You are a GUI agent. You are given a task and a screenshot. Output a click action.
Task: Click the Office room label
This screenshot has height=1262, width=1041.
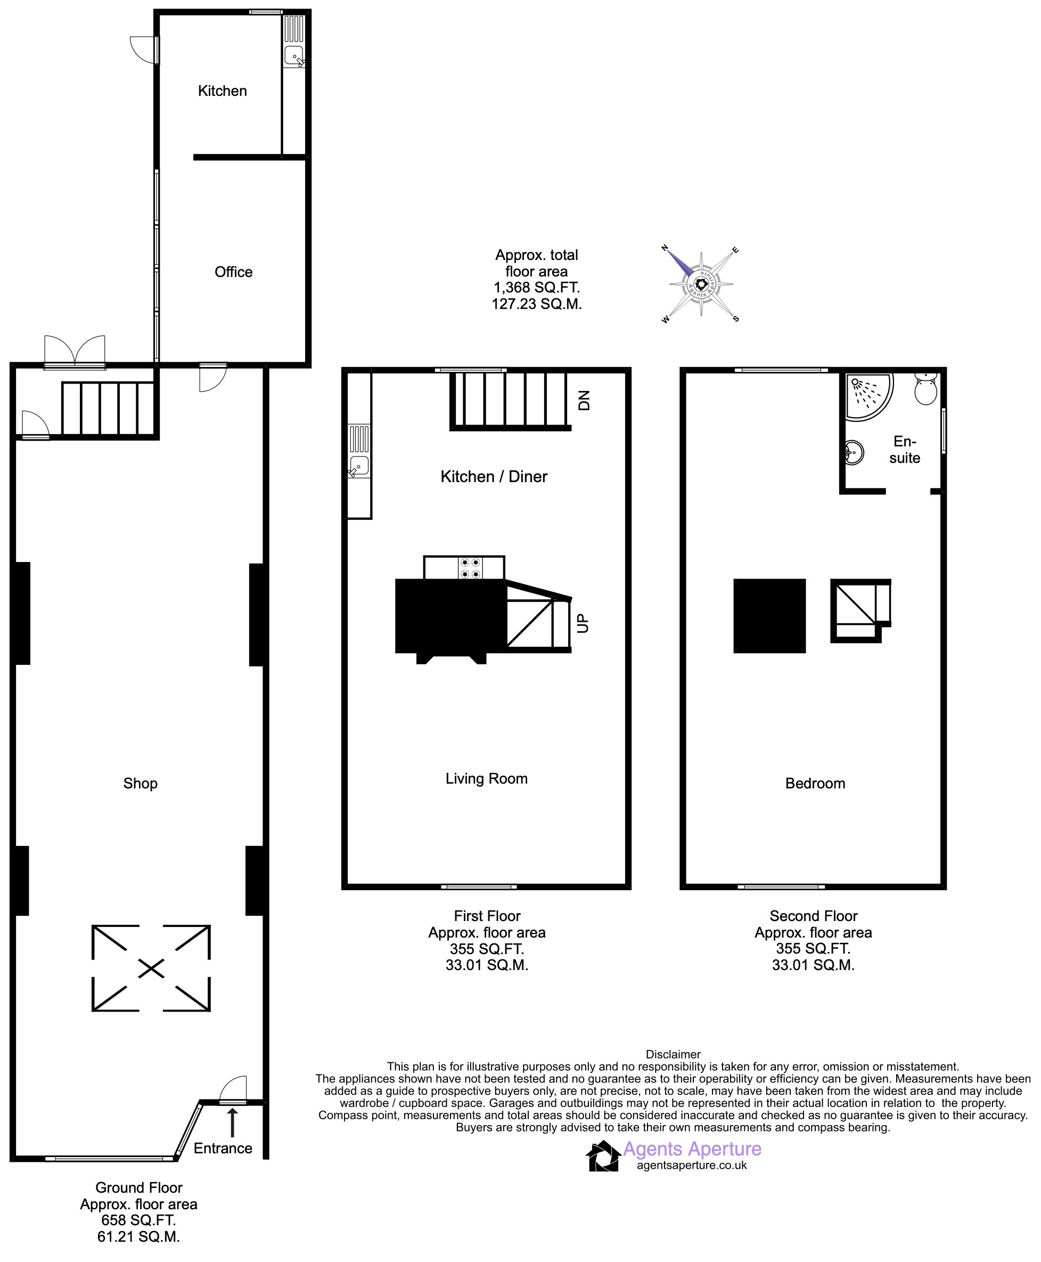tap(233, 272)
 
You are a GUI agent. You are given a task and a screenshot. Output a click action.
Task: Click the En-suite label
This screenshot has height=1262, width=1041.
tap(905, 450)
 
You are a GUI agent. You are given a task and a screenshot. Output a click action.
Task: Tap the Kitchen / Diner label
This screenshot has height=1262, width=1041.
tap(494, 477)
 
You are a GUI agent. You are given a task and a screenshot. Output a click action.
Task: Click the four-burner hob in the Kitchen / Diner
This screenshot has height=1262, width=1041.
tap(470, 568)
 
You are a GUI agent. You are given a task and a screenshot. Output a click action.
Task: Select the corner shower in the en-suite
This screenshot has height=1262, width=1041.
tap(868, 396)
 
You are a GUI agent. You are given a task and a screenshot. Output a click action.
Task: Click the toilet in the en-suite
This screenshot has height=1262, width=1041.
tap(926, 388)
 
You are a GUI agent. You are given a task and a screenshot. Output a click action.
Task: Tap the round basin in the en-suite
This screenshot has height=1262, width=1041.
tap(854, 452)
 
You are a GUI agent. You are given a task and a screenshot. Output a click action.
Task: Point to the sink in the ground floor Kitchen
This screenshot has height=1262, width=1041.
tap(294, 55)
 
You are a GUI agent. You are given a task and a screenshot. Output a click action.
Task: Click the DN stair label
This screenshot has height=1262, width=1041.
tap(584, 400)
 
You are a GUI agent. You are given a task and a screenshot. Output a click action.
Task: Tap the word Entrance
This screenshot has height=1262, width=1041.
tap(223, 1148)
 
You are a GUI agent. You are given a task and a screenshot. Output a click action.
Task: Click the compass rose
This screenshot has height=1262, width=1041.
tap(700, 284)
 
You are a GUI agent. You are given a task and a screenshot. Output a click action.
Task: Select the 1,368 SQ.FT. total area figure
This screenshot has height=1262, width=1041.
tap(537, 288)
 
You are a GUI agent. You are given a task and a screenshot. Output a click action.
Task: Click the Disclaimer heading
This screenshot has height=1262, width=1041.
tap(673, 1054)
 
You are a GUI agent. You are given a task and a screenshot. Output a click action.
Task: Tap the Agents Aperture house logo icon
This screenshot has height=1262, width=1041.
tap(603, 1156)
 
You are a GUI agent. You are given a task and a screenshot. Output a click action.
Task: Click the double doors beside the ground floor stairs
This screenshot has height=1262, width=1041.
tap(75, 351)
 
